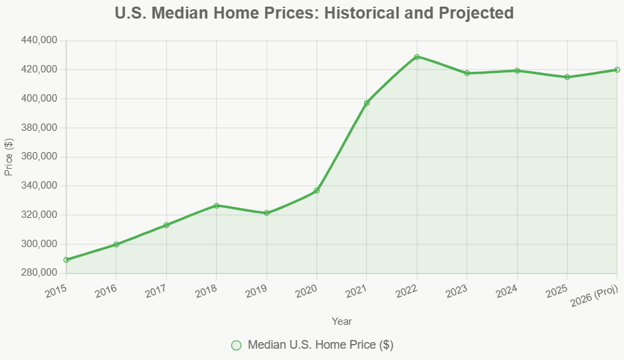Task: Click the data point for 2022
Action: (417, 56)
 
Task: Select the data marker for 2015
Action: (66, 260)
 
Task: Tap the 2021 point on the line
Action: (367, 103)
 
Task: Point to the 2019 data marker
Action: (266, 213)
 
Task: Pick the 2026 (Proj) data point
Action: (617, 70)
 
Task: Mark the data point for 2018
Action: (217, 205)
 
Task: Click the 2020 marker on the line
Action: (317, 191)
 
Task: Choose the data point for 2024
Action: (517, 71)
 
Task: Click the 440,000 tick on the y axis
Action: (39, 41)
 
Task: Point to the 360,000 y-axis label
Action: (39, 157)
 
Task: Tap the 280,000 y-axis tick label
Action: (39, 273)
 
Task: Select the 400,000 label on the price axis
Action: (39, 98)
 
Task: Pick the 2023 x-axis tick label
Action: (457, 291)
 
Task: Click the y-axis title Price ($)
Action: (9, 157)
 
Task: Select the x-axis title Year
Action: (342, 321)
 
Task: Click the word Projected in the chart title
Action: (473, 13)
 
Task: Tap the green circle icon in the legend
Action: (236, 345)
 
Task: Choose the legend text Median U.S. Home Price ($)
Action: (320, 345)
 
